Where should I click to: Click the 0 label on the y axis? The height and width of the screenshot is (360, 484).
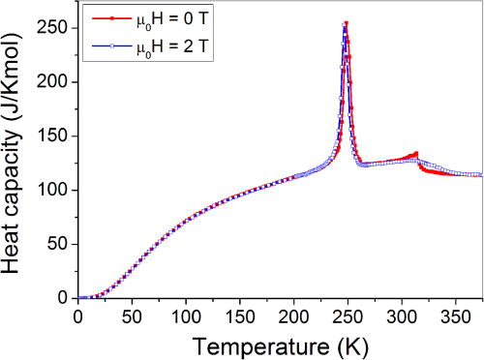pos(64,298)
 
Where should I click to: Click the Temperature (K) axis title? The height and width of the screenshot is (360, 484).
pos(278,342)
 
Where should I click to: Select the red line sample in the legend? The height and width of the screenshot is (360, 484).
pos(100,17)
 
